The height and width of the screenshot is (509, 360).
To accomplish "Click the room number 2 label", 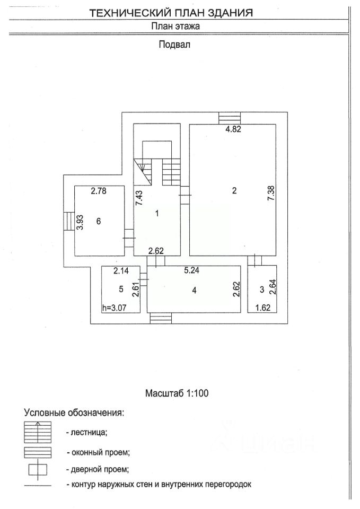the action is [234, 190].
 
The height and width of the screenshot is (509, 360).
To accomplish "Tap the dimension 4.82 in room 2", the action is [233, 129].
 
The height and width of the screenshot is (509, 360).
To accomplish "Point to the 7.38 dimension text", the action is [271, 192].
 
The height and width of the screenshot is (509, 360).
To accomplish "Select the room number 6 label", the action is [99, 221].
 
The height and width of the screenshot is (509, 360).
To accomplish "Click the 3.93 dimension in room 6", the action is [80, 222].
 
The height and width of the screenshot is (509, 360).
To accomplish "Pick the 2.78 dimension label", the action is [99, 191].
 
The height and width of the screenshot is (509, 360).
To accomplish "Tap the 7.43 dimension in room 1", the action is [139, 198].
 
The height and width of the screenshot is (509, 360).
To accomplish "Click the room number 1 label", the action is [157, 214].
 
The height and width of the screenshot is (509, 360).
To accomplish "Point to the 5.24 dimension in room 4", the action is [191, 270].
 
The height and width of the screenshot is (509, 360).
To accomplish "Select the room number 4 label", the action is [194, 290].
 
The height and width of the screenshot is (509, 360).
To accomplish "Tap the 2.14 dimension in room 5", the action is [121, 270].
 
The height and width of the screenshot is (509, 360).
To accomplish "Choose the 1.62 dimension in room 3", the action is [262, 308].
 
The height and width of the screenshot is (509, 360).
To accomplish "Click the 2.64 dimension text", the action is [273, 287].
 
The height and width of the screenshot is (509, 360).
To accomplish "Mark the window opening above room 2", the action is [230, 118].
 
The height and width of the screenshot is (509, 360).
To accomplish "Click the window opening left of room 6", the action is [69, 222].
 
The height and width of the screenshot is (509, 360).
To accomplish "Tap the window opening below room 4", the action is [161, 319].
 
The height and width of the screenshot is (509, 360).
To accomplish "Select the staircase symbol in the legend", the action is [38, 432].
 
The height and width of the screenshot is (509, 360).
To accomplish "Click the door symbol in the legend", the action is [38, 470].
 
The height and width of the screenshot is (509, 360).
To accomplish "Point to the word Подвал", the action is [174, 44].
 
